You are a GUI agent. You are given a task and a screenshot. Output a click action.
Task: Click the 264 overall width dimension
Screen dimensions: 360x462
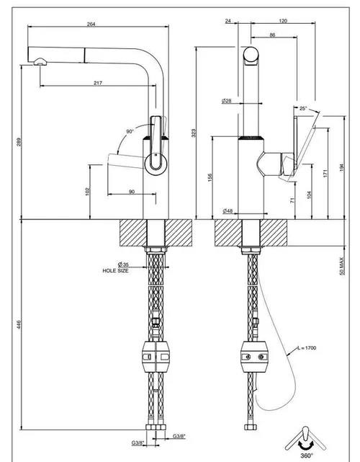click(91, 25)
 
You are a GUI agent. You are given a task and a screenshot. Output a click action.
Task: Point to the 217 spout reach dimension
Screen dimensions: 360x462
click(98, 83)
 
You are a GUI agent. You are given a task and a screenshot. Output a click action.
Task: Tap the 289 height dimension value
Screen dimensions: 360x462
click(19, 142)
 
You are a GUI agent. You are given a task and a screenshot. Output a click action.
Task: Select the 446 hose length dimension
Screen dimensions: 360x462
click(19, 324)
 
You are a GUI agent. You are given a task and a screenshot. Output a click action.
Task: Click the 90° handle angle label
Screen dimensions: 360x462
click(130, 131)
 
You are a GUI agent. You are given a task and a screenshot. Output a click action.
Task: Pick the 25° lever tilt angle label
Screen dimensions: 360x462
click(303, 108)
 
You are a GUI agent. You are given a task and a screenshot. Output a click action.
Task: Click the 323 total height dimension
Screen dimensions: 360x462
click(194, 133)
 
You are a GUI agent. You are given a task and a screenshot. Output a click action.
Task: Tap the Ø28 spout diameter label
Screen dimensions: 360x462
click(227, 101)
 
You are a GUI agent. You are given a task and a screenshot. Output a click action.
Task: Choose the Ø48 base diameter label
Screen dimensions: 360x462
click(228, 210)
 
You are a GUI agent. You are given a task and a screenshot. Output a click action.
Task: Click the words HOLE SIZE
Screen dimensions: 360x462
click(115, 270)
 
